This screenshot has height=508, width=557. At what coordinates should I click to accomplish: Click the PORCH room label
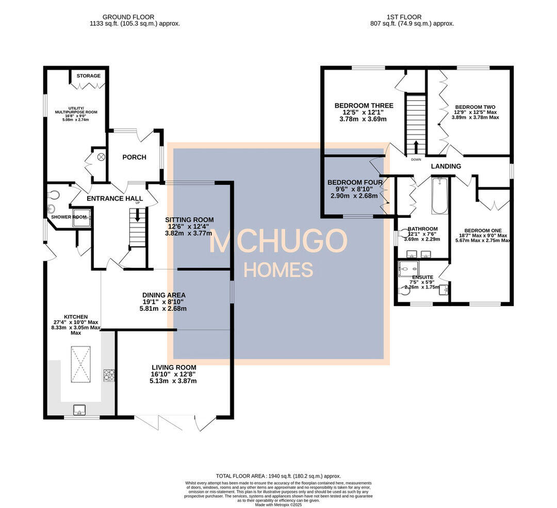click(134, 157)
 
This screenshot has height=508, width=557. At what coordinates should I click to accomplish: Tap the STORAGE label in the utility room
click(89, 76)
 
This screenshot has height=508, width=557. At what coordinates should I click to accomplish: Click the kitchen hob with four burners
click(108, 375)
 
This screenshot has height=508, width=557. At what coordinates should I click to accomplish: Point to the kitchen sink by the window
click(80, 410)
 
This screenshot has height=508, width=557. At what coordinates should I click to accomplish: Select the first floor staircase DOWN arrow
click(416, 147)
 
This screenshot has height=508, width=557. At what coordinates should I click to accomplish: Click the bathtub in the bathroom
click(439, 196)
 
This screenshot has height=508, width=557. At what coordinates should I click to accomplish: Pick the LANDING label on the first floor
click(446, 166)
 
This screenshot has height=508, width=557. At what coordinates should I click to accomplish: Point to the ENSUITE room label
click(422, 277)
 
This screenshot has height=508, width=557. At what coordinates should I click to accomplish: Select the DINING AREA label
click(164, 295)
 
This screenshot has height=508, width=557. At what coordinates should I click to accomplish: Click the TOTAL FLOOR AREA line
click(278, 476)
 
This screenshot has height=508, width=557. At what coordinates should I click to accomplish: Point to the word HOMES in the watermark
click(278, 269)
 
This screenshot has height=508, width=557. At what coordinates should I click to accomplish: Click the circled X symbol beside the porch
click(101, 156)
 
